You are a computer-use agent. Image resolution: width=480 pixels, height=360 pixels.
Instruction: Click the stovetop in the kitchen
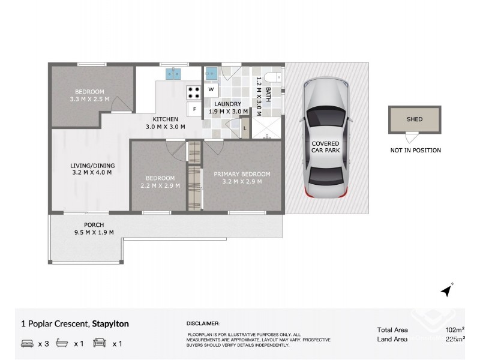pos(193,92)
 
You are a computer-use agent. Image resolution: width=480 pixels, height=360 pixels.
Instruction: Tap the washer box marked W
pos(211,89)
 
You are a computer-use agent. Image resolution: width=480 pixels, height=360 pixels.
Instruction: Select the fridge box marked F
pos(194,109)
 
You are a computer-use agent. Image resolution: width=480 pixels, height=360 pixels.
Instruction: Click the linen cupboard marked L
pos(245,128)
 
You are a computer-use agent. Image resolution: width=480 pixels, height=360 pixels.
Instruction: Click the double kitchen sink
pos(173,74)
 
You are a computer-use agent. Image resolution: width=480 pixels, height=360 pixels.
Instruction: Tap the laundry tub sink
pos(211,73)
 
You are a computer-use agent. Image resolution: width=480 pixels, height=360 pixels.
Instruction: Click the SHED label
pos(415,119)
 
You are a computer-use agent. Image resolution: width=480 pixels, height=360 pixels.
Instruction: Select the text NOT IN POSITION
pos(416,151)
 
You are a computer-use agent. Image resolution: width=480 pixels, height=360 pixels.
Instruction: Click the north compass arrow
pos(447,290)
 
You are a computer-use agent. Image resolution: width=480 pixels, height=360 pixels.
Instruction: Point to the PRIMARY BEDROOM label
pos(242,174)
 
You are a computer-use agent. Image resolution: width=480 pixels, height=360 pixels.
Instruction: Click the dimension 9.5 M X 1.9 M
pos(94,232)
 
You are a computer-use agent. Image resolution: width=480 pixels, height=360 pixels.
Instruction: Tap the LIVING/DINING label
pos(92,166)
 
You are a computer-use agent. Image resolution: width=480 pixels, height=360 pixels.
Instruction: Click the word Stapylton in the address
pos(110,324)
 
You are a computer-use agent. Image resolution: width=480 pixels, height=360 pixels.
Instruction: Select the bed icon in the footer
pos(27,343)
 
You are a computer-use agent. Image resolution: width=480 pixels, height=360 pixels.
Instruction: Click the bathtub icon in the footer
pos(62,343)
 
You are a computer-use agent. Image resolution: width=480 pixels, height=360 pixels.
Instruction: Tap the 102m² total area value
pos(455,329)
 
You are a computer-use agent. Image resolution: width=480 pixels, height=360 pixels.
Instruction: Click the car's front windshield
pos(325,118)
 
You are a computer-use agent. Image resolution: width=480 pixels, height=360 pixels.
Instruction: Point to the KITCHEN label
pos(166,119)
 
